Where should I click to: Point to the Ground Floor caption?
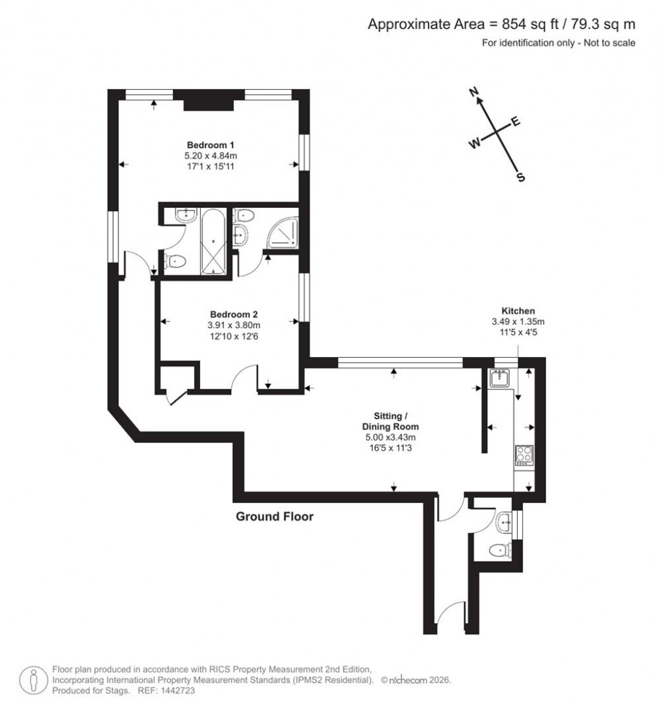point(274,516)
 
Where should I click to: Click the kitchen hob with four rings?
point(524,455)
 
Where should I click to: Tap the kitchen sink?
point(499,377)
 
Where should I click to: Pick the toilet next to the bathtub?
point(175,262)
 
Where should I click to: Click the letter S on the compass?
point(520,178)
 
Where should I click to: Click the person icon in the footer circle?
point(32,679)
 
